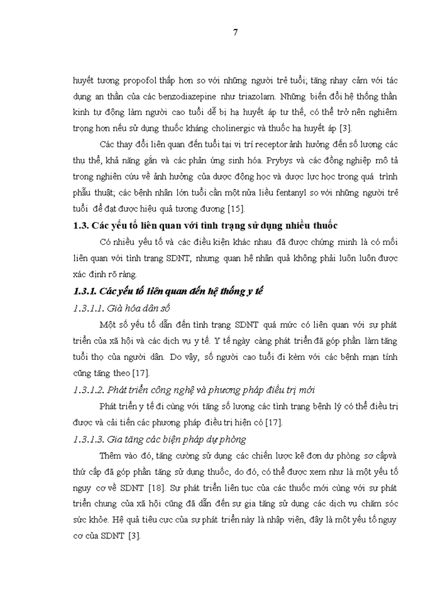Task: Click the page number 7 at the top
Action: click(235, 33)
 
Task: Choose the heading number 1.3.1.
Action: click(86, 291)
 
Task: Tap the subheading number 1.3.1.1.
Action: click(90, 307)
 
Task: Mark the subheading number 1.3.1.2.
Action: click(90, 389)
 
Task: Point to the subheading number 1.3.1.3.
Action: click(90, 438)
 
